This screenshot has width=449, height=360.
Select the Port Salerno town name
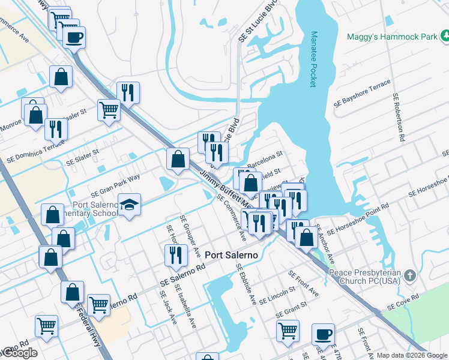[231, 255]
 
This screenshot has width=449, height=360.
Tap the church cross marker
[409, 276]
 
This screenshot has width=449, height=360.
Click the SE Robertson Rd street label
[399, 117]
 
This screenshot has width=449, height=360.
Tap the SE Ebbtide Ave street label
[246, 284]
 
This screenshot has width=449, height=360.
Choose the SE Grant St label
[291, 310]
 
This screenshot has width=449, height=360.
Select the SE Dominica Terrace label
[30, 154]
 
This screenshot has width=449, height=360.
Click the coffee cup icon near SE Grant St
[323, 334]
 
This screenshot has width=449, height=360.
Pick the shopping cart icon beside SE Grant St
[288, 329]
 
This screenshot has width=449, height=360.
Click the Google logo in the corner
[19, 353]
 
